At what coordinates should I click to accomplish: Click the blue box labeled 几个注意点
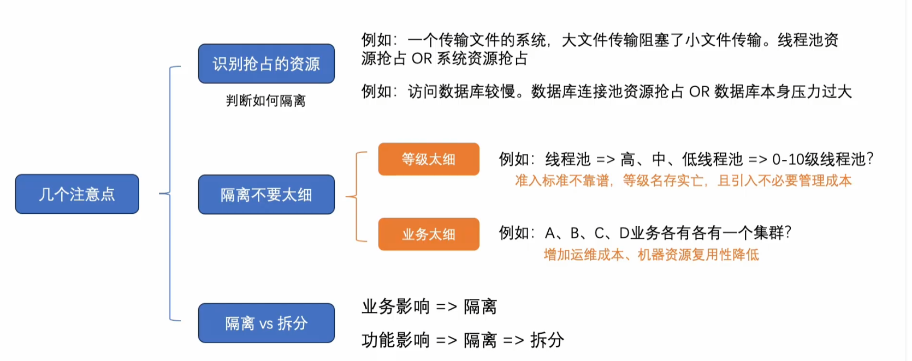(x=77, y=194)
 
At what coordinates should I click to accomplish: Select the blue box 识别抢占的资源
(x=266, y=64)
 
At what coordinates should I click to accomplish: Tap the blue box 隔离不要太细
(x=266, y=195)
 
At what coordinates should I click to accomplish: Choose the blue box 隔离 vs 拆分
(x=266, y=323)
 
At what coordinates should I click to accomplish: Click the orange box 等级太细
(x=429, y=159)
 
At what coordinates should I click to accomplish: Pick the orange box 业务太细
(x=429, y=234)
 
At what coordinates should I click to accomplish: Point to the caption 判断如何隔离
(x=266, y=101)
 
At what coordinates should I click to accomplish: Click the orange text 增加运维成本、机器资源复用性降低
(x=651, y=255)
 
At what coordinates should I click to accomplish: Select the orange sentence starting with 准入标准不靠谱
(x=683, y=180)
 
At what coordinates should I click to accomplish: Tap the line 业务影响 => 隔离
(x=429, y=306)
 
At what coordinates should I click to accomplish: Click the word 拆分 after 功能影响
(x=547, y=340)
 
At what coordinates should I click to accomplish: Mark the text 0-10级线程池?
(x=822, y=159)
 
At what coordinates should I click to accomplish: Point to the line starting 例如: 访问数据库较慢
(x=606, y=92)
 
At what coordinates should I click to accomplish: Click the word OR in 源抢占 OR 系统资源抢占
(x=422, y=58)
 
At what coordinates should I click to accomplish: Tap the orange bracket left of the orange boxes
(x=358, y=196)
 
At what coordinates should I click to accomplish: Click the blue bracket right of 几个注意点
(x=170, y=194)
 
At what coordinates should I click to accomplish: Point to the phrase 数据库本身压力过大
(x=783, y=92)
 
